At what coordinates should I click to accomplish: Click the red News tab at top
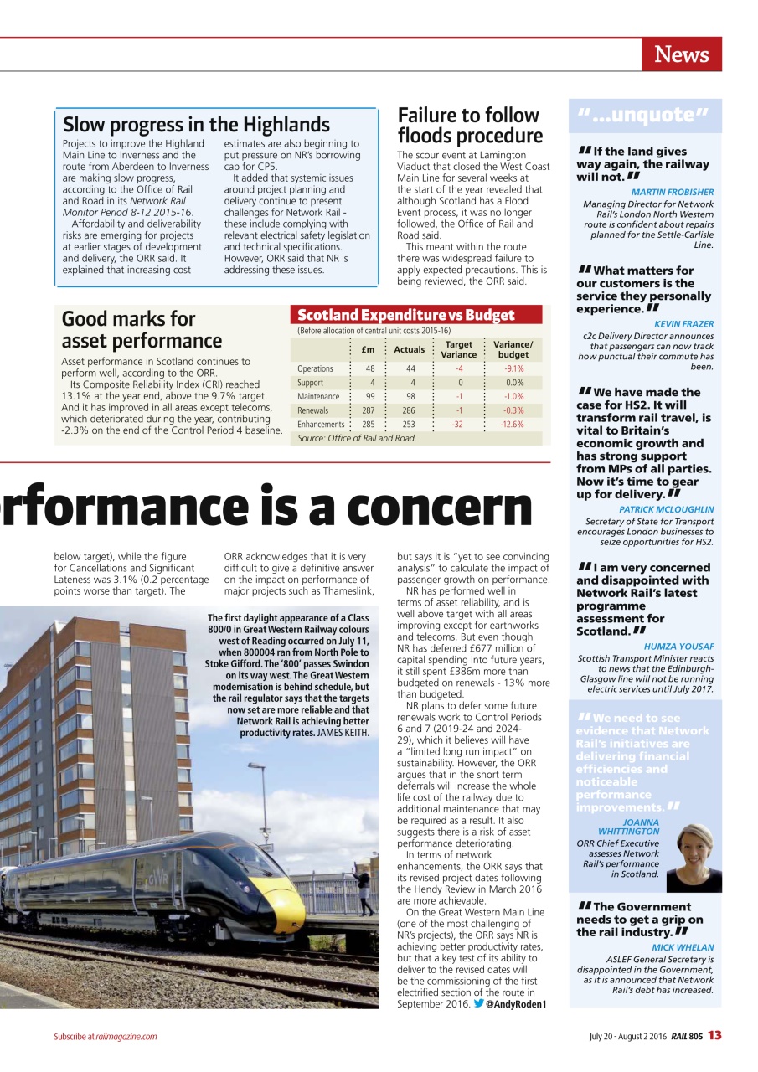[681, 54]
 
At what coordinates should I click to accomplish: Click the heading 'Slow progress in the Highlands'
[196, 125]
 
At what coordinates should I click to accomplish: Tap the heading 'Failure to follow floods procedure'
[469, 126]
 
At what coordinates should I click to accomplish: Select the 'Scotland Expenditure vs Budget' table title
[406, 315]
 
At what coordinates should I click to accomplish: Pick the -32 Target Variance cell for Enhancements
[458, 425]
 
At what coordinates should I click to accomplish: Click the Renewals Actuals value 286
[408, 410]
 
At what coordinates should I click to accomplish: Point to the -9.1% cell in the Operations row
[513, 368]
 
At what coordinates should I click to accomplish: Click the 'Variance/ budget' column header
[513, 349]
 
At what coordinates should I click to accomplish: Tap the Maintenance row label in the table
[318, 396]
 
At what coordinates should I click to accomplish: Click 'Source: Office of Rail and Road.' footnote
[357, 438]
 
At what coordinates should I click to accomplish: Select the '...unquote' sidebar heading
[643, 115]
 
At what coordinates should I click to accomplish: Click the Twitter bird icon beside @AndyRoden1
[478, 1003]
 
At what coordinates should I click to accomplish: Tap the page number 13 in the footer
[714, 1035]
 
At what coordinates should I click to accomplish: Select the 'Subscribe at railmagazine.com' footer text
[106, 1036]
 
